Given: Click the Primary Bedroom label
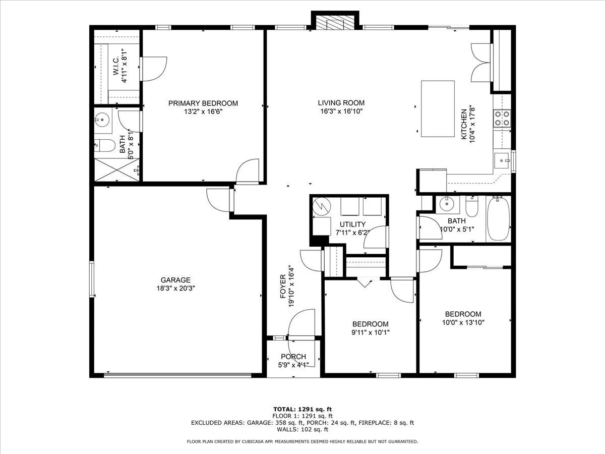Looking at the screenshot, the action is (x=203, y=103).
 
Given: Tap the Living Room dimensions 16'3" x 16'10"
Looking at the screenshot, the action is (x=341, y=111).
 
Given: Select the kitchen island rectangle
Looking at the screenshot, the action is (x=438, y=108).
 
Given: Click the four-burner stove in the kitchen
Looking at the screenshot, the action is (x=502, y=118).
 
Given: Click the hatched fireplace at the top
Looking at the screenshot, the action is (x=335, y=22).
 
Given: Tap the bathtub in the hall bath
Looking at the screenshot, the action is (x=498, y=218).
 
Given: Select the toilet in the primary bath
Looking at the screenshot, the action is (x=104, y=146).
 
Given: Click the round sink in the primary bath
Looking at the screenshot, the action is (x=102, y=120).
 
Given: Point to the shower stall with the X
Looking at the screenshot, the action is (x=117, y=170).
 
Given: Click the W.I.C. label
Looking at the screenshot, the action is (x=116, y=66).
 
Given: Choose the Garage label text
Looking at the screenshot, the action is (x=175, y=280).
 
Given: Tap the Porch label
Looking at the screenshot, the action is (x=293, y=357).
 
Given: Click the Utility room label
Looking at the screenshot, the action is (x=352, y=224).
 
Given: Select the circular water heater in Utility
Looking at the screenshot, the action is (x=322, y=206).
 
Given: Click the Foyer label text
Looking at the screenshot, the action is (x=283, y=287).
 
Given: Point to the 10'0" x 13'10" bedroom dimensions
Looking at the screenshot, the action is (x=463, y=322).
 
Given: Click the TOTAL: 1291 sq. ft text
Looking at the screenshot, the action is (x=302, y=409).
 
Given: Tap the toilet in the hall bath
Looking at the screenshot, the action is (x=471, y=206).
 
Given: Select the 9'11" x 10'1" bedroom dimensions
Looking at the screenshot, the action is (x=371, y=332).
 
